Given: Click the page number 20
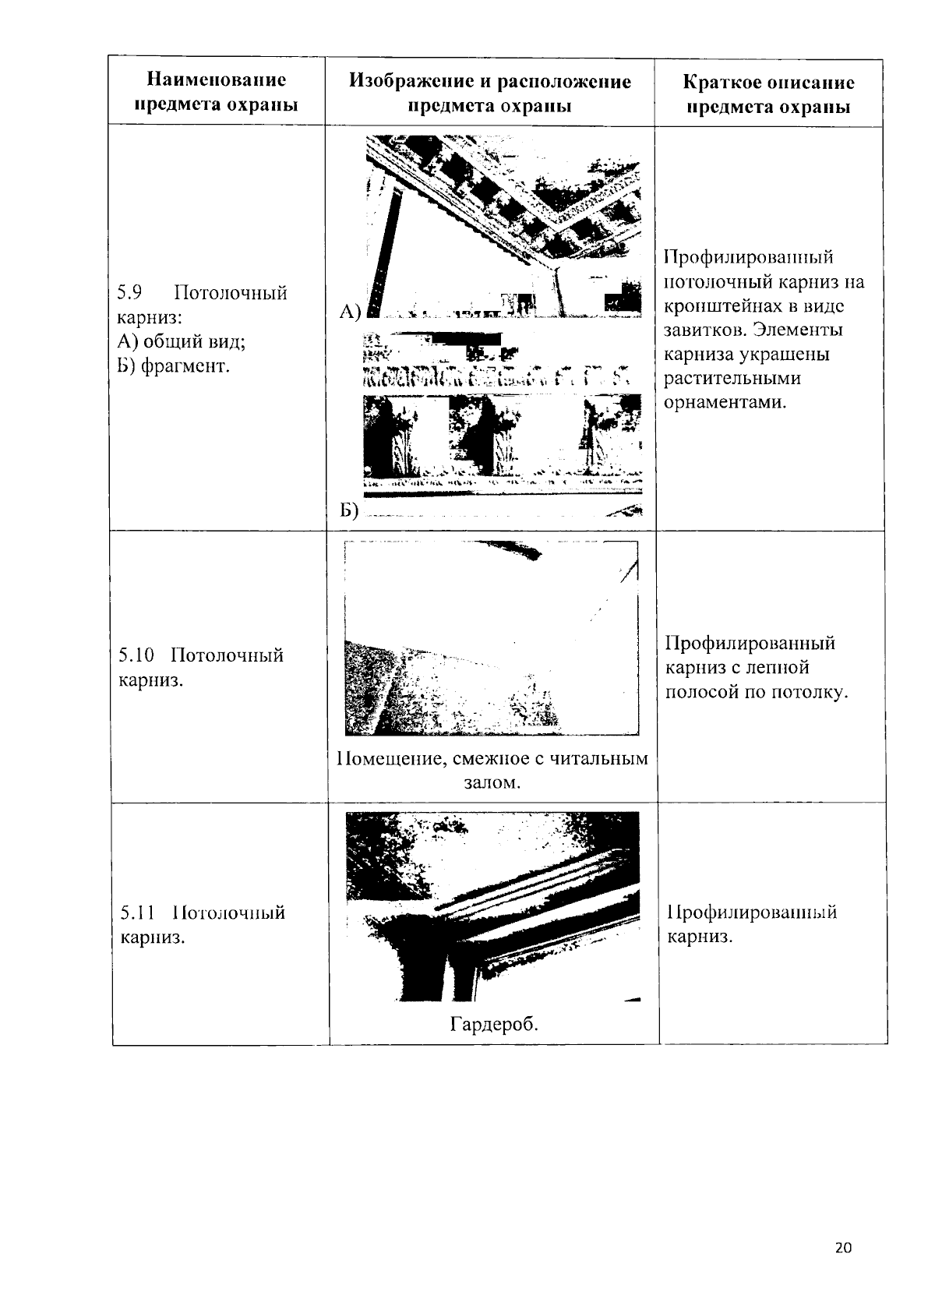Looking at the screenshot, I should (x=843, y=1248).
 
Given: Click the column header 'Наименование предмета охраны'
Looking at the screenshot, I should (x=217, y=92).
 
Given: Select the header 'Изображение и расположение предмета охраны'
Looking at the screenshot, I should (x=490, y=92).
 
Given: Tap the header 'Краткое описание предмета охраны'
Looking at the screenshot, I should (x=768, y=94).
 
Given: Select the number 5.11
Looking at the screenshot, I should (x=137, y=913).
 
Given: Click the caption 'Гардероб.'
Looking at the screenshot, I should (x=494, y=1025).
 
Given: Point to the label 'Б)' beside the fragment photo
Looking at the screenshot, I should (x=348, y=510).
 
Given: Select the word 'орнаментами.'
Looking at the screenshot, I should (x=725, y=403).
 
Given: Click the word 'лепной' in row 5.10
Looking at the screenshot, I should (x=782, y=668).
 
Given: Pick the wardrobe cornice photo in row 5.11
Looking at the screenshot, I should (x=492, y=906).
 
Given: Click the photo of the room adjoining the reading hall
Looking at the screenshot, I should (x=491, y=638).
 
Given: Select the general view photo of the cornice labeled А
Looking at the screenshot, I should (x=503, y=227).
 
